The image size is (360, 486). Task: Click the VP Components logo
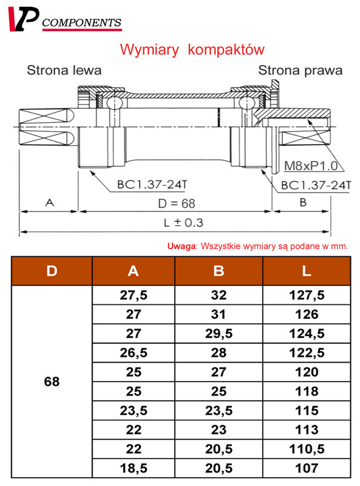[x=65, y=19]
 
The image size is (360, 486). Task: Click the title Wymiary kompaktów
[x=192, y=50]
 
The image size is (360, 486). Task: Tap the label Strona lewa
[x=64, y=70]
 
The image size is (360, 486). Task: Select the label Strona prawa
[x=301, y=70]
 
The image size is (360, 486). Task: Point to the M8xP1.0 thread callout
[x=311, y=166]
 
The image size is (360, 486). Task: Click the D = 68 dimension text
[x=177, y=204]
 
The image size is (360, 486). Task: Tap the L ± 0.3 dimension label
[x=183, y=222]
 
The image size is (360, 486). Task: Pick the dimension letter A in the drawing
[x=50, y=203]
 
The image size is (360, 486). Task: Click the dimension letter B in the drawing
[x=303, y=202]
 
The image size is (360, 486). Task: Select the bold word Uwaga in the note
[x=182, y=246]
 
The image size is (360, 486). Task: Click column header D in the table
[x=52, y=271]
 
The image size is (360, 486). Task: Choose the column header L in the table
[x=307, y=271]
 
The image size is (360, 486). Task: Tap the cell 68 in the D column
[x=52, y=382]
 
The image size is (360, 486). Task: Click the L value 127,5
[x=307, y=295]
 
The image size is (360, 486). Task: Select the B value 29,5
[x=219, y=334]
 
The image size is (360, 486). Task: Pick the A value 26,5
[x=134, y=353]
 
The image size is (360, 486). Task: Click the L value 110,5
[x=307, y=449]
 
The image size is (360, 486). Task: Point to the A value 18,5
[x=134, y=468]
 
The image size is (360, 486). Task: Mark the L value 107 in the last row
[x=307, y=468]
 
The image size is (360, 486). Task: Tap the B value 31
[x=219, y=314]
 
